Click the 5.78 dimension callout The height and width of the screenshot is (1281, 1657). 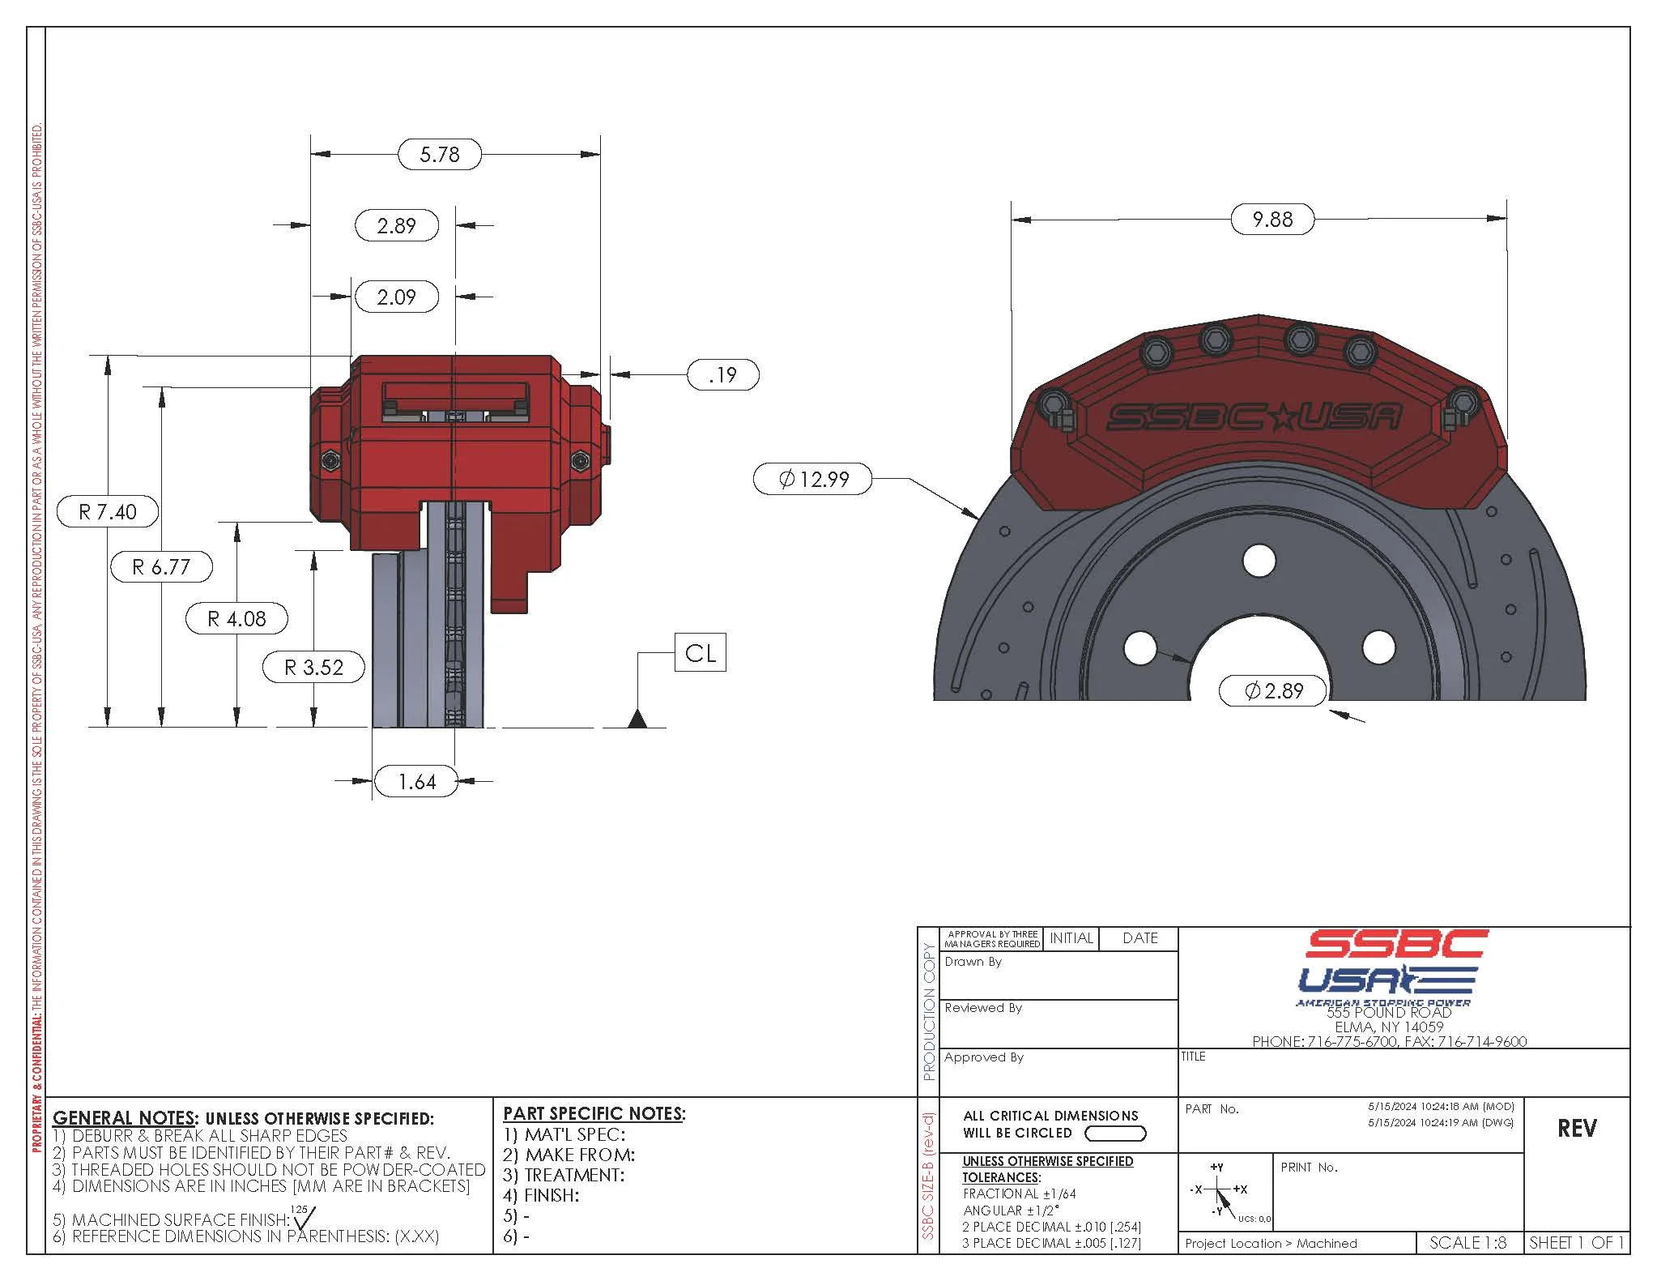coord(440,154)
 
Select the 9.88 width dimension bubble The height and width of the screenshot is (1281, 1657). coord(1272,219)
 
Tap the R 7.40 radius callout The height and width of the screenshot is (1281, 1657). coord(107,512)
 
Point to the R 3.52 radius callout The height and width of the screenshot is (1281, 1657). coord(313,668)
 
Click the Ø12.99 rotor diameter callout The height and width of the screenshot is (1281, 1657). coord(813,479)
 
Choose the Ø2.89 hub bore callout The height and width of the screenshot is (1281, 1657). coord(1273,690)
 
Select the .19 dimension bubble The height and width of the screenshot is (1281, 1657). coord(722,374)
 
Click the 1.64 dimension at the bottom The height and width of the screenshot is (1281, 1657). coord(416,782)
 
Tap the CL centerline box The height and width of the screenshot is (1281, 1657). coord(700,653)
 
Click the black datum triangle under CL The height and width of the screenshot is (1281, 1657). coord(637,719)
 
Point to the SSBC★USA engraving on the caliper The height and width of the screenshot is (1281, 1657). coord(1253,417)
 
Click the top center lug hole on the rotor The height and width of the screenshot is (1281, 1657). coord(1259,561)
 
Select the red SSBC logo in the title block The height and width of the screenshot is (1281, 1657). coord(1396,944)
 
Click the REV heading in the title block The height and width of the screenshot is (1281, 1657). coord(1576,1129)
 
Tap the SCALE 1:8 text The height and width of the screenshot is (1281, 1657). coord(1467,1243)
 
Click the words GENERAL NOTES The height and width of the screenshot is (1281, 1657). coord(124,1118)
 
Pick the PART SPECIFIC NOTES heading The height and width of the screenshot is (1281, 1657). coord(594,1113)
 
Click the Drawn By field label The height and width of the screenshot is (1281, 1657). coord(973,962)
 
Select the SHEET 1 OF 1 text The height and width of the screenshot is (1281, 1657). coord(1576,1243)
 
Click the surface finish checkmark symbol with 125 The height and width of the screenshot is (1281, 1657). coord(305,1216)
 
